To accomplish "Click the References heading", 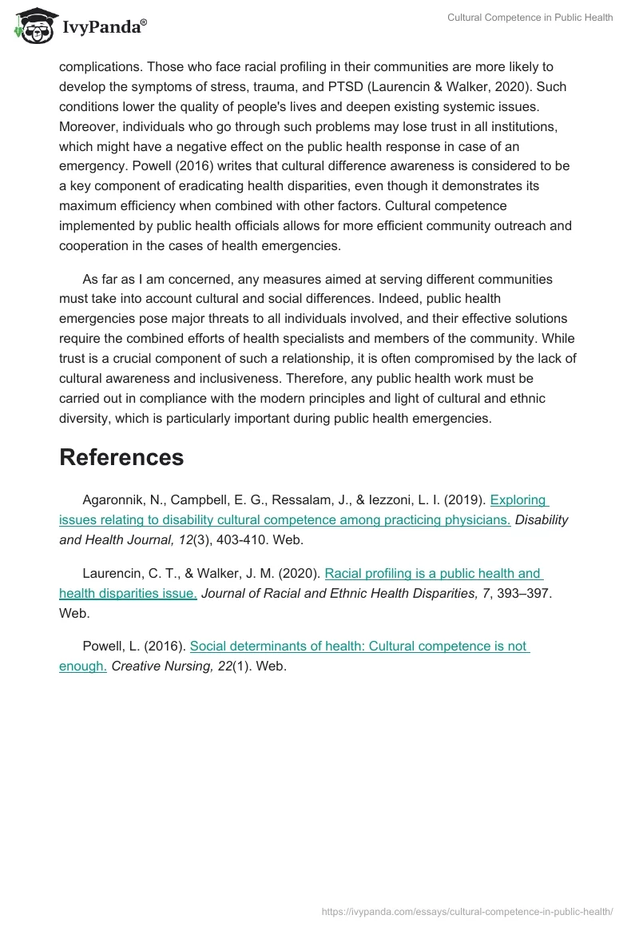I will pyautogui.click(x=121, y=457).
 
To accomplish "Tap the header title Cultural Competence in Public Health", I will pyautogui.click(x=530, y=18).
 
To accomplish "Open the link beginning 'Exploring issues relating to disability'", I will pyautogui.click(x=284, y=520).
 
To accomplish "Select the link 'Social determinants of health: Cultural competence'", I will pyautogui.click(x=359, y=646).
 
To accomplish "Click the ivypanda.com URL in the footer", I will pyautogui.click(x=466, y=911).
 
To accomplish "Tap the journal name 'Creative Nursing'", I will pyautogui.click(x=158, y=666).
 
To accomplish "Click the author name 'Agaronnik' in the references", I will pyautogui.click(x=113, y=500).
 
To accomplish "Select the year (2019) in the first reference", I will pyautogui.click(x=468, y=500).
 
